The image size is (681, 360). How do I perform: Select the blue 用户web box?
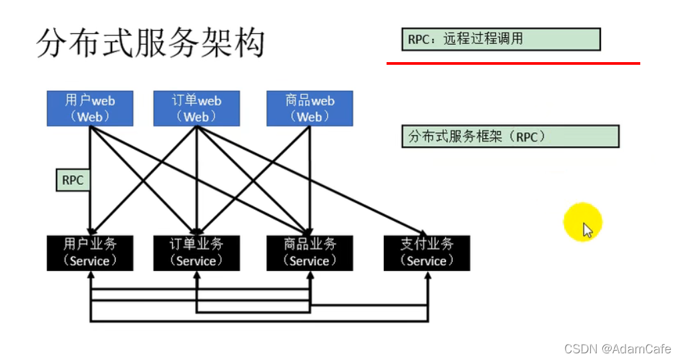(x=89, y=108)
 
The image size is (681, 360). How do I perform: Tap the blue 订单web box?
(x=196, y=108)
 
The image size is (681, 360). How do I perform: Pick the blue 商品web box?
(x=310, y=108)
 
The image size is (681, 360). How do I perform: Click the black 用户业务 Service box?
(x=89, y=252)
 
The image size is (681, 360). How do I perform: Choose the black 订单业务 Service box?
(x=196, y=252)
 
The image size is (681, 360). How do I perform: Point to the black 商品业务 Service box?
(x=310, y=252)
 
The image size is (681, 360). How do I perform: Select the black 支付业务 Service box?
(x=427, y=252)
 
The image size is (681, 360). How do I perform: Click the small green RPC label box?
(x=72, y=180)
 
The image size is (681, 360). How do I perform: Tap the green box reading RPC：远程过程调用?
(x=501, y=39)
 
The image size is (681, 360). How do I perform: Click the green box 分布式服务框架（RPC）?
(x=510, y=136)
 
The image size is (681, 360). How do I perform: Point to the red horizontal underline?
(x=513, y=63)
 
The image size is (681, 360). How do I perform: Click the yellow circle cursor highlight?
(x=582, y=222)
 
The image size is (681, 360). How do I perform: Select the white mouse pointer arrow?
(x=587, y=230)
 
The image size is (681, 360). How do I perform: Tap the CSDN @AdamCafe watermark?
(x=617, y=349)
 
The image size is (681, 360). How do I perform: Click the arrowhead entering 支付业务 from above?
(x=423, y=231)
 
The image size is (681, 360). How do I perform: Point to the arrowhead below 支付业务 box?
(x=427, y=275)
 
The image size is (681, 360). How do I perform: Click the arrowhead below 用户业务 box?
(x=89, y=275)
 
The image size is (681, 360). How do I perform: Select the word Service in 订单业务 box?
(x=196, y=260)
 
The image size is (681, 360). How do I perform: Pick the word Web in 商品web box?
(x=310, y=117)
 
